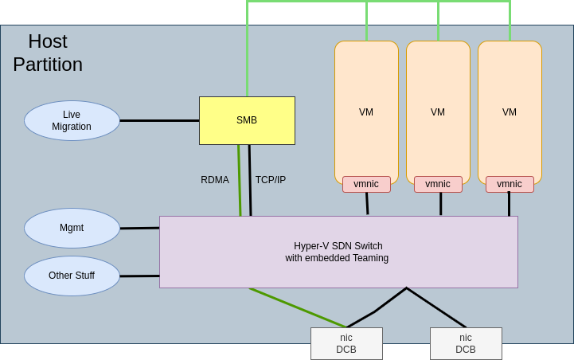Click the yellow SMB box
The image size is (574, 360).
click(247, 120)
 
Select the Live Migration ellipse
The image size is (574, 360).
click(72, 120)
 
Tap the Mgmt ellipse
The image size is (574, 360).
click(72, 228)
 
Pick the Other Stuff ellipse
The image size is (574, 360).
click(72, 276)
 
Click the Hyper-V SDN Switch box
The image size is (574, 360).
click(338, 252)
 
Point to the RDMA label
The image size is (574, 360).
click(215, 180)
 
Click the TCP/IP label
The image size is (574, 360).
click(271, 180)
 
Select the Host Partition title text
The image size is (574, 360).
click(48, 53)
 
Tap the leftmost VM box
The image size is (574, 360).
click(366, 112)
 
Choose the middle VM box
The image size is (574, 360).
click(438, 112)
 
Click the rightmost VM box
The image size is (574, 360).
click(510, 112)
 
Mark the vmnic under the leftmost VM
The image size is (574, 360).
click(366, 184)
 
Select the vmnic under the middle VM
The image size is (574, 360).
click(438, 184)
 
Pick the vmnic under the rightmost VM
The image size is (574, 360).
click(510, 184)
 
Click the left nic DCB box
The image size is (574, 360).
click(346, 343)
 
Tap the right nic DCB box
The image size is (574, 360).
click(466, 343)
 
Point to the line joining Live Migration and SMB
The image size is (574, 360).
click(159, 120)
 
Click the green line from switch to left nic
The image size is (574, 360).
click(298, 307)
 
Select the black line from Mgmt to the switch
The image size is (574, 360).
click(139, 228)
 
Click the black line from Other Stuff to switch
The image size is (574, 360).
click(139, 276)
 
